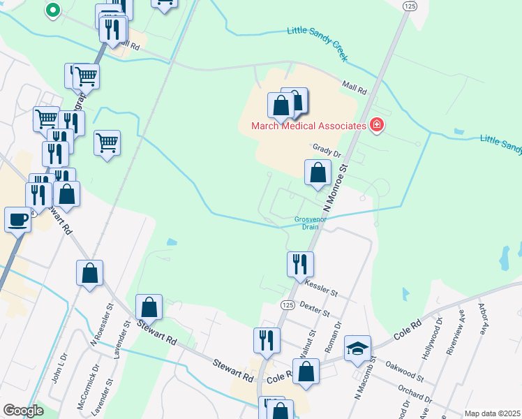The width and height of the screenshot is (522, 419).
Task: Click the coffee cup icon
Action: (x=18, y=220)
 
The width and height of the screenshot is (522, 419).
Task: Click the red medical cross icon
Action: (x=377, y=125)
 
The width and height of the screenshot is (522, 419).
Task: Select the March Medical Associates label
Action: (x=309, y=126)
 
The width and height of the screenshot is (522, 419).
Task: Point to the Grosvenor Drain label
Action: (x=305, y=222)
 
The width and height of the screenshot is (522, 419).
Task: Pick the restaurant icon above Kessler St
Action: (x=300, y=264)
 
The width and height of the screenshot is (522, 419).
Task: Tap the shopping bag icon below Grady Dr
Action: (x=318, y=172)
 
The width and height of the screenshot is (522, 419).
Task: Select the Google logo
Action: (x=23, y=411)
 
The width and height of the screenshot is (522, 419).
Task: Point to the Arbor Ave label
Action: (x=482, y=318)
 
